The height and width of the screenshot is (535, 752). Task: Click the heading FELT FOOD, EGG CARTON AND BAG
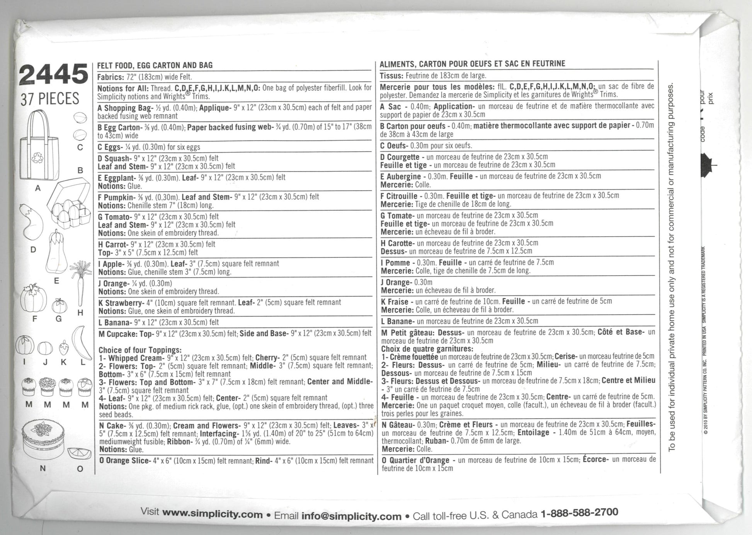pyautogui.click(x=155, y=65)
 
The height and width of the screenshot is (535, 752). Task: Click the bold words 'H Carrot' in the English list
pyautogui.click(x=112, y=244)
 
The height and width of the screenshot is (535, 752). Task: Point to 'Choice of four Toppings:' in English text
pyautogui.click(x=140, y=350)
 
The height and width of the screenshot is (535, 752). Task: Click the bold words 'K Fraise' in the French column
pyautogui.click(x=395, y=302)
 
